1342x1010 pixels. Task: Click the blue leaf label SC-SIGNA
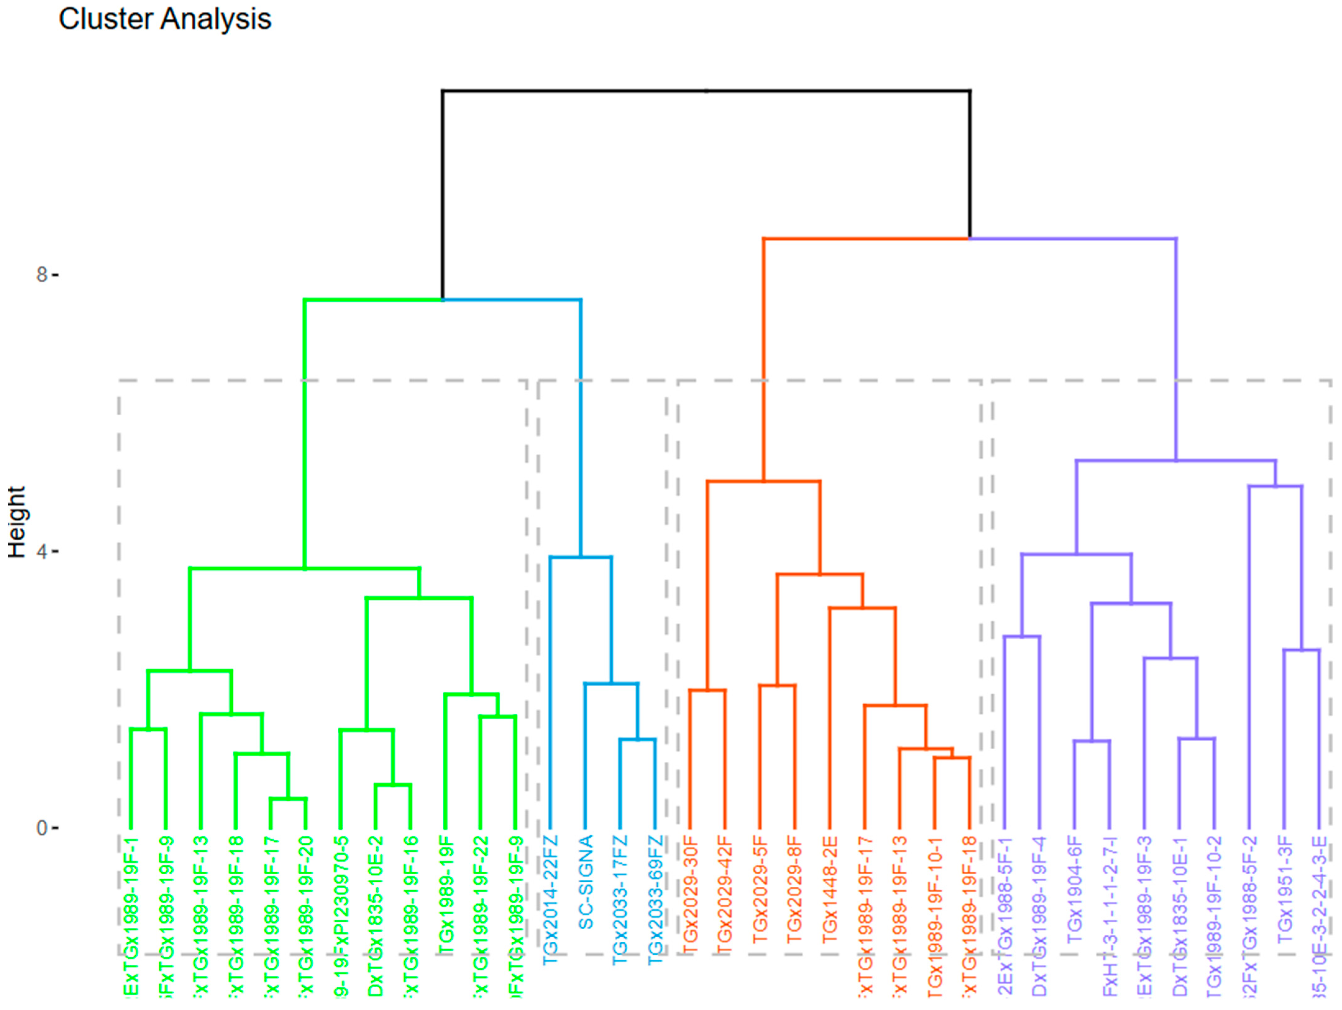click(x=586, y=883)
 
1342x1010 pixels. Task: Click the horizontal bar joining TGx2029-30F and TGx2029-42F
click(x=707, y=690)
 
